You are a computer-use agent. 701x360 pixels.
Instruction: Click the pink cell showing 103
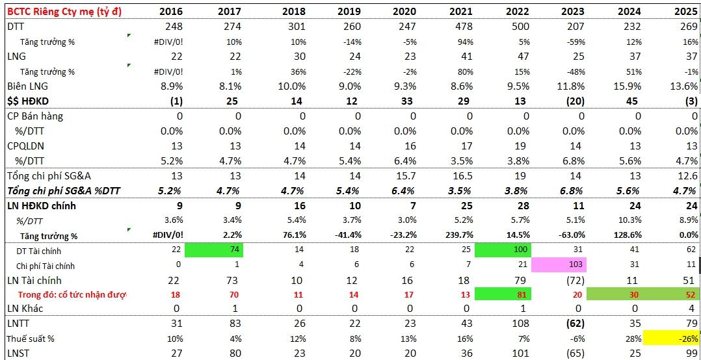point(559,264)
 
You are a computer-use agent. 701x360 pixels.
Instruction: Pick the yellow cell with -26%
point(671,339)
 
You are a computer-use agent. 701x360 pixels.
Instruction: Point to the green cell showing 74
point(214,250)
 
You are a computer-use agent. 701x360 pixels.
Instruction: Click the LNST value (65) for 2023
point(573,353)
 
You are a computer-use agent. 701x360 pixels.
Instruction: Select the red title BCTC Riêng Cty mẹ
point(64,10)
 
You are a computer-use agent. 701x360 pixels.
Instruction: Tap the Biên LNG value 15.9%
point(628,86)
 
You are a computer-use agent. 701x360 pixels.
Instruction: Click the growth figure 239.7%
point(456,235)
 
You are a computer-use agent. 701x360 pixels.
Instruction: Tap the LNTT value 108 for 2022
point(520,323)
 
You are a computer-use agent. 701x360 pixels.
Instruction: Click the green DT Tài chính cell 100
point(503,250)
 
